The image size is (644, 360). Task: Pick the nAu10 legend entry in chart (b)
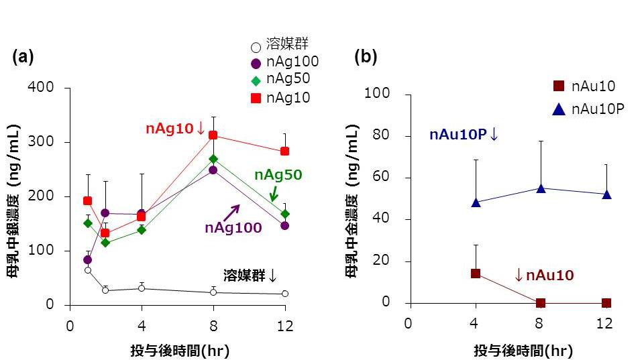click(584, 86)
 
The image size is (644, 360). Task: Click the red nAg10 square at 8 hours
click(213, 135)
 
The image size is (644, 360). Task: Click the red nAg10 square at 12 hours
click(284, 151)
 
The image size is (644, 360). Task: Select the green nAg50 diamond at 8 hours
click(213, 159)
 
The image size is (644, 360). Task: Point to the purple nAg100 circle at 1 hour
click(87, 259)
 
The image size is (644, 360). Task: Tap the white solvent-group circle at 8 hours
click(213, 292)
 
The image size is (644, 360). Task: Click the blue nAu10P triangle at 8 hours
click(541, 188)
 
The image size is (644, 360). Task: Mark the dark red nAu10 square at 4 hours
click(476, 273)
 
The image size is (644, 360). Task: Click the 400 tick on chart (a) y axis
click(54, 88)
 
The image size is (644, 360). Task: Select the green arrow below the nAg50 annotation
click(274, 194)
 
